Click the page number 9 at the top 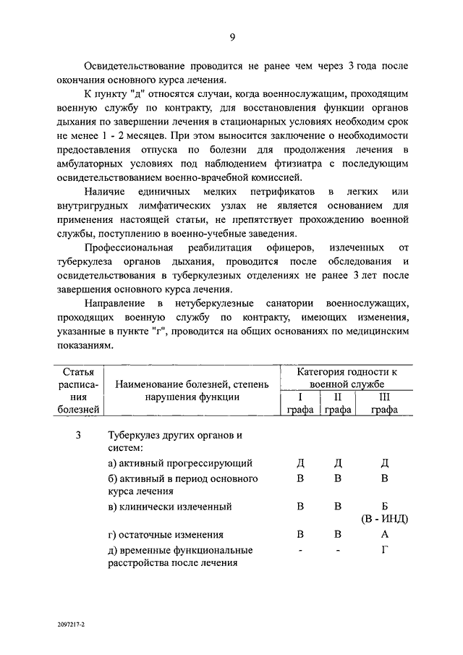tap(232, 38)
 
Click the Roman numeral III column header tap(384, 397)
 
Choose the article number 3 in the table tap(78, 435)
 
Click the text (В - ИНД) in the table tap(384, 520)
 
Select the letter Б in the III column tap(384, 506)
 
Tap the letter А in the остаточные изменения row tap(385, 536)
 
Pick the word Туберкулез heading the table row tap(136, 435)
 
